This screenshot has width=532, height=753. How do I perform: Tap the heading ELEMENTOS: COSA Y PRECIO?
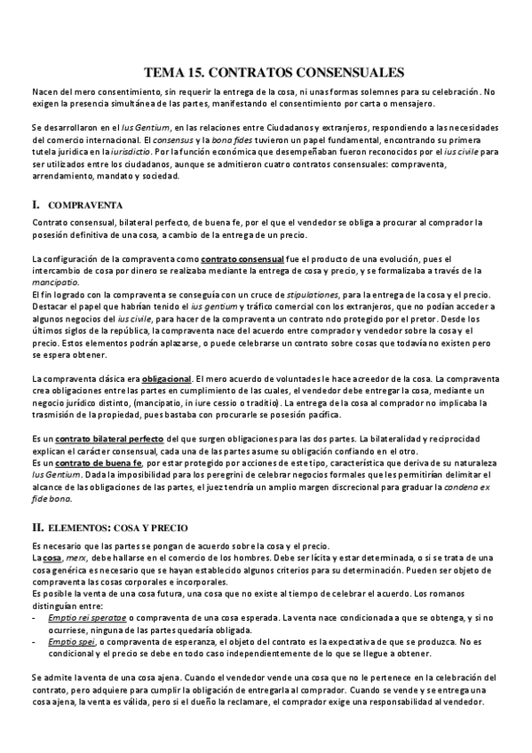pos(119,527)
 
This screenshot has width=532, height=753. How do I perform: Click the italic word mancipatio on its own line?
pos(54,281)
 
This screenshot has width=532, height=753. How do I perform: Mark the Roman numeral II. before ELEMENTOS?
pos(38,527)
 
